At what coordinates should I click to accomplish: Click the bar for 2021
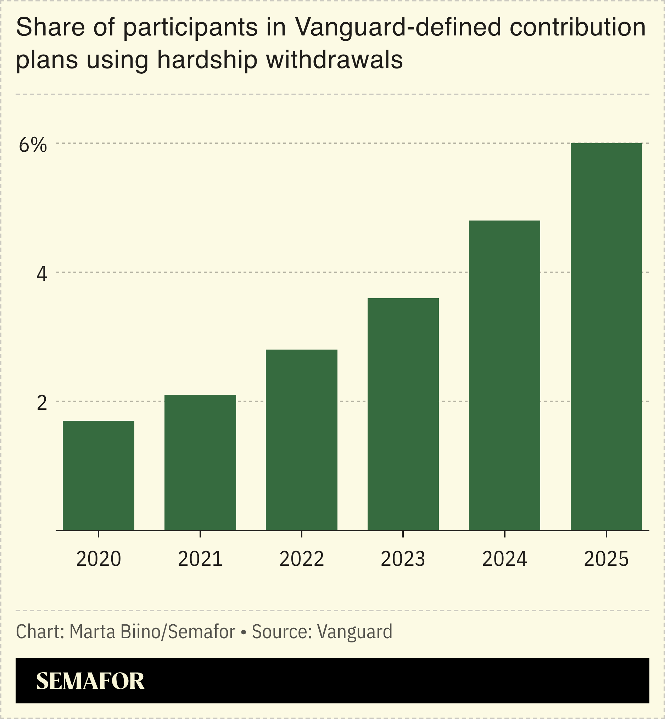[200, 462]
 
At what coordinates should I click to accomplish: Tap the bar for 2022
[302, 440]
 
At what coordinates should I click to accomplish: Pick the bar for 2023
[403, 414]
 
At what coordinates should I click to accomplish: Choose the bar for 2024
[504, 375]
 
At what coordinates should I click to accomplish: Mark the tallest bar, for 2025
[607, 336]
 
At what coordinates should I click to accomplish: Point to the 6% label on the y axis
[33, 145]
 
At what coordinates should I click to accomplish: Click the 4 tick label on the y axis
[42, 274]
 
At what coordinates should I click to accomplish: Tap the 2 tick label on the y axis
[42, 403]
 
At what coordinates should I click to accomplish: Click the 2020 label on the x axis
[98, 559]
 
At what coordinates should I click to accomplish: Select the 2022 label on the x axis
[302, 559]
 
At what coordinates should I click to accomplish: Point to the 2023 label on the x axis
[403, 559]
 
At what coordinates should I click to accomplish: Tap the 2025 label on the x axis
[607, 559]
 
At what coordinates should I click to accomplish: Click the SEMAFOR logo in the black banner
[90, 681]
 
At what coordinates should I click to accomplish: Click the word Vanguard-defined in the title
[398, 27]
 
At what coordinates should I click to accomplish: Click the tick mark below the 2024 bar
[504, 534]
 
